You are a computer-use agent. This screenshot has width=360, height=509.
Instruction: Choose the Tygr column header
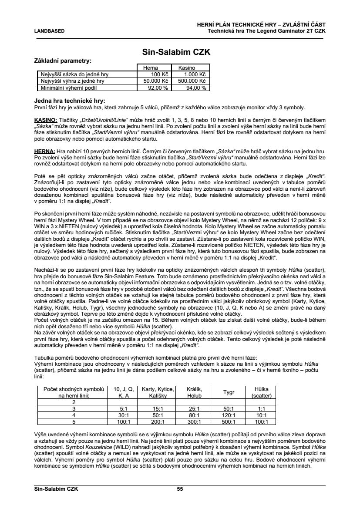point(229,392)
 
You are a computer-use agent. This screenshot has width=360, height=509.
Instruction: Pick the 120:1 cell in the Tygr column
point(228,415)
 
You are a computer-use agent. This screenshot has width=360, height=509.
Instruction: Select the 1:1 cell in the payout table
point(261,409)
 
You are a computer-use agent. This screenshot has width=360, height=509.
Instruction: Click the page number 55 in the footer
point(180,489)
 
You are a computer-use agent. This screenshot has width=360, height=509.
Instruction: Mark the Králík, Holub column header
point(194,392)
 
